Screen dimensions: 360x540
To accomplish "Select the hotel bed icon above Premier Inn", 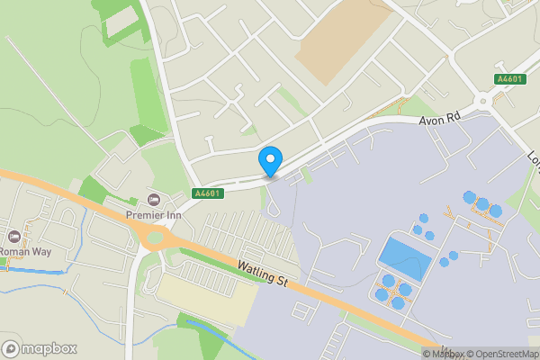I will pos(153,198).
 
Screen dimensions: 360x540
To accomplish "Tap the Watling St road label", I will pos(263,275).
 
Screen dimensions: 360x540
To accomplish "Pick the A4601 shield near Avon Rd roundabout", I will pos(508,79).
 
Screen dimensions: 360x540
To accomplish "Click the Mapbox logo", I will pos(39,348).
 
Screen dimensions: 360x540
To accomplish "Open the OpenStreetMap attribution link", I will pos(501,354).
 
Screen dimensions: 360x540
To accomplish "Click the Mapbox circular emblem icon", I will pos(11,348).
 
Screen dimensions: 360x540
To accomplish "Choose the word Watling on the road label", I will pos(256,271).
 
